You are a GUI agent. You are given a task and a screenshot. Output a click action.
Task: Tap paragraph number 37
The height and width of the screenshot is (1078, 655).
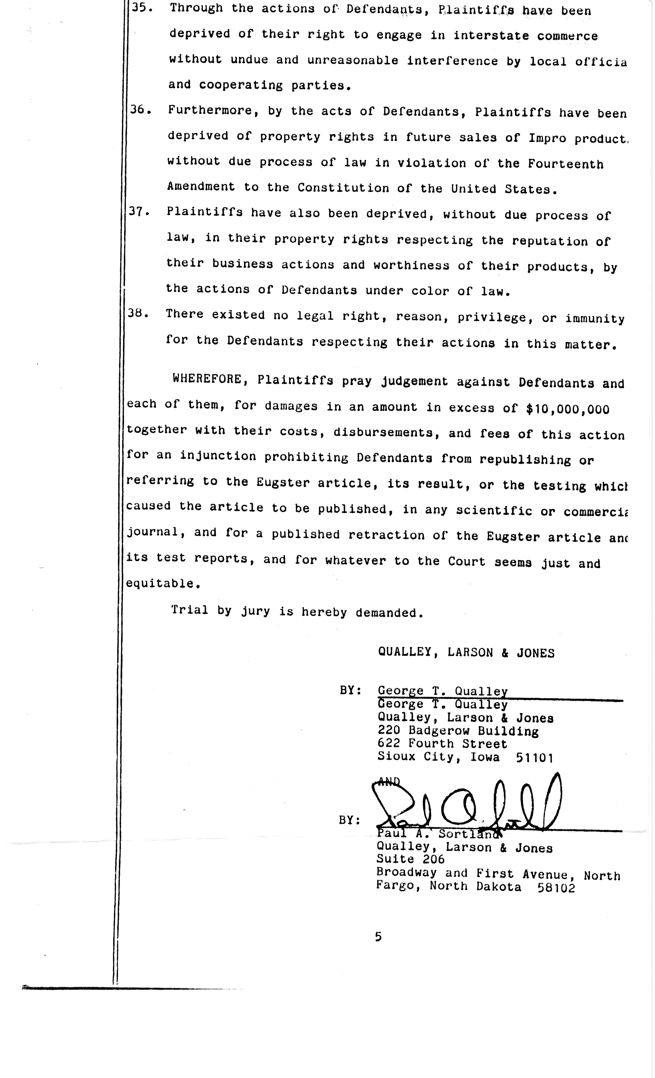pos(139,212)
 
